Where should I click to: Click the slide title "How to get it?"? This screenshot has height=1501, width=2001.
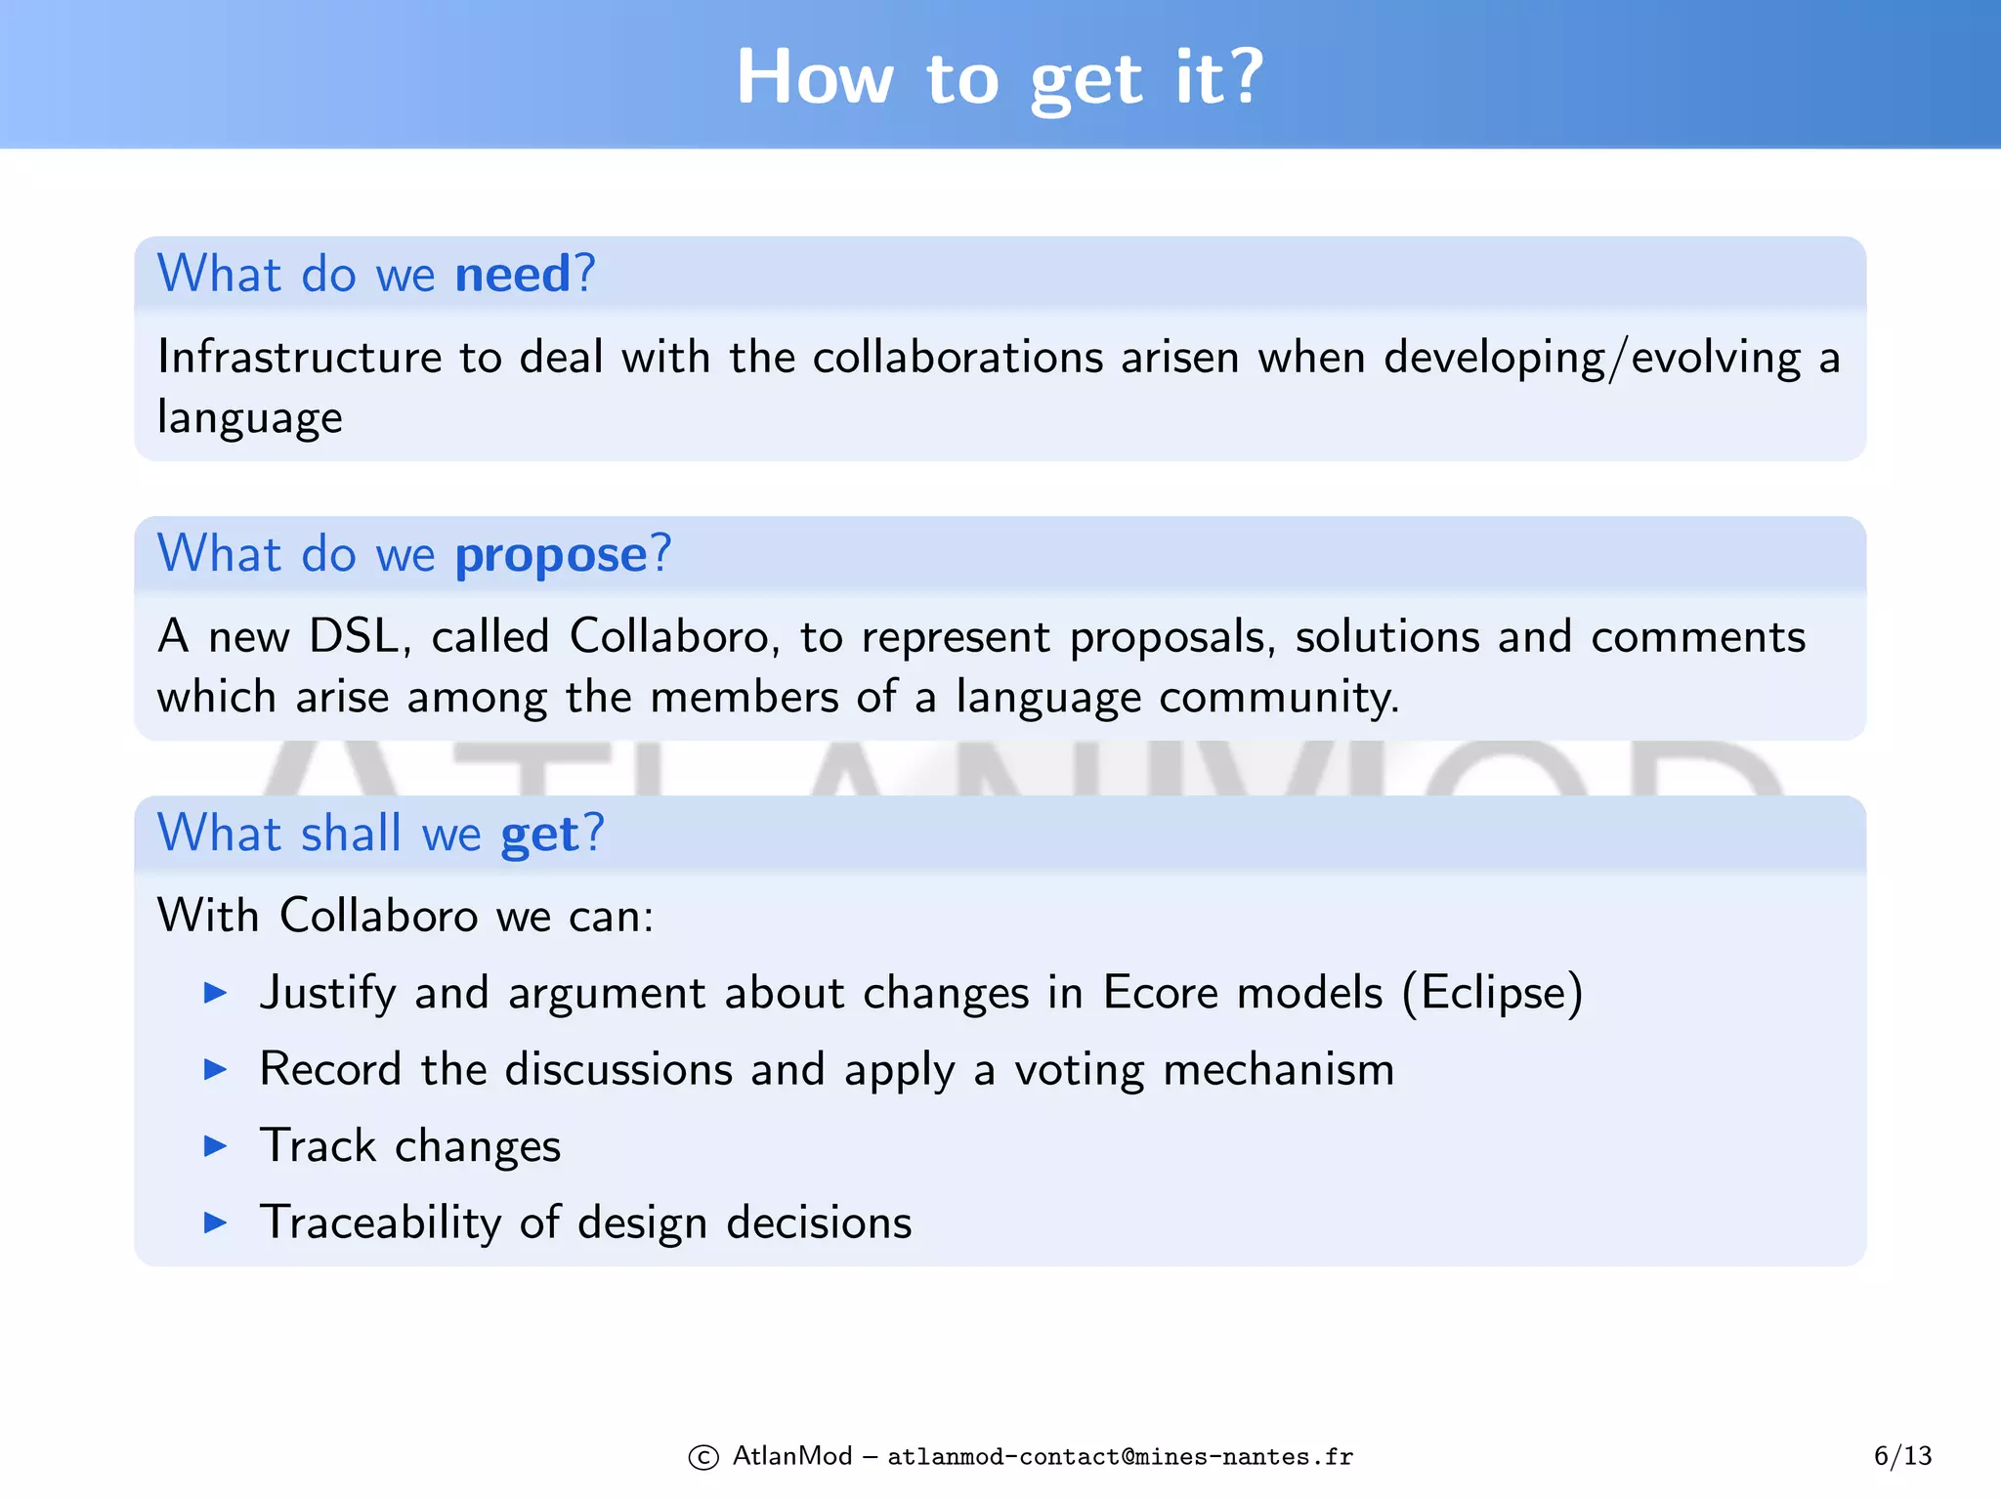point(1000,77)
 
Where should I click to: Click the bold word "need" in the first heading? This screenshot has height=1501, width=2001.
point(512,274)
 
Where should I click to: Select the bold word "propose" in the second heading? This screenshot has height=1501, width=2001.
point(551,555)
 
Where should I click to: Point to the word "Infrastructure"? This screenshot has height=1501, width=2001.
point(300,357)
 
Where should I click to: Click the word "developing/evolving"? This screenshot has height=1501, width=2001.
point(1593,359)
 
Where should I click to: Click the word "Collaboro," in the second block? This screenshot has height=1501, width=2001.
point(674,637)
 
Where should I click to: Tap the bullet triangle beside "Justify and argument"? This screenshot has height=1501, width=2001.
point(215,994)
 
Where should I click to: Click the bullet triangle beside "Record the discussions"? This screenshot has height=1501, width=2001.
point(215,1070)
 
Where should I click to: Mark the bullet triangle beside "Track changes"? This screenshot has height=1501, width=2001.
point(215,1146)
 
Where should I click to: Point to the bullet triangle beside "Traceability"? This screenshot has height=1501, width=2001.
point(215,1222)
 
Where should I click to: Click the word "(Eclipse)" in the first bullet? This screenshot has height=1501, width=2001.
point(1492,993)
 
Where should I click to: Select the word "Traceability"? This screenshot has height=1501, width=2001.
point(380,1222)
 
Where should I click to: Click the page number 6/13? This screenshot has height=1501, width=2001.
point(1902,1456)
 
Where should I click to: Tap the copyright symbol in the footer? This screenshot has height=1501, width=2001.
point(703,1457)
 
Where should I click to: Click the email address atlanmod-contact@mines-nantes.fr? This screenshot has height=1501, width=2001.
point(1120,1457)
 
